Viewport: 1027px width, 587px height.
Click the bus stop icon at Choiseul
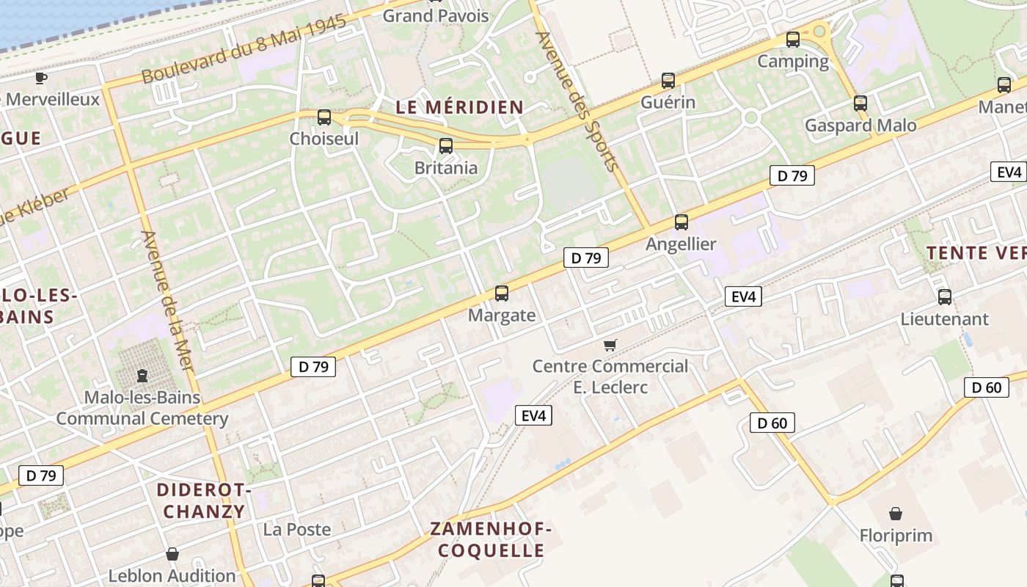point(324,117)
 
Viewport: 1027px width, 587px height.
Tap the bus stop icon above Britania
point(445,146)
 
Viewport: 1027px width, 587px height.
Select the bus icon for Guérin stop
point(668,81)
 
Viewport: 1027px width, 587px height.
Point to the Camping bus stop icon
point(792,40)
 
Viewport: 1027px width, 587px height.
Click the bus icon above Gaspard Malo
point(860,103)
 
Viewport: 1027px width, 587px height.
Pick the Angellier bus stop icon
point(681,222)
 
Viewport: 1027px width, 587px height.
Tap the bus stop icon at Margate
point(502,293)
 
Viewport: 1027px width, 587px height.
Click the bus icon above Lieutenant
point(945,297)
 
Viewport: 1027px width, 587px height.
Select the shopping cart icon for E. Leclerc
point(610,345)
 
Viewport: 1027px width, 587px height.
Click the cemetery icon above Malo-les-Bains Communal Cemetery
point(142,376)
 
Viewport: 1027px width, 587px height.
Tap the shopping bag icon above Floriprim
point(896,514)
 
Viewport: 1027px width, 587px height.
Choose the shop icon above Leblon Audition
point(172,554)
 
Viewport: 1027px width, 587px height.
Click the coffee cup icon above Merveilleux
point(41,78)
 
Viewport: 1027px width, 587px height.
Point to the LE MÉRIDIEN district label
point(460,107)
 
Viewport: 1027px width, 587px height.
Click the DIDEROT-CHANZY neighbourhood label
point(204,500)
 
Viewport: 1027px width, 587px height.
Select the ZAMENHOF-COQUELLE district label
point(491,539)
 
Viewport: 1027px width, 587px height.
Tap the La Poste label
point(297,529)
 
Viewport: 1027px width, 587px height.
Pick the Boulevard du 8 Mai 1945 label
point(244,50)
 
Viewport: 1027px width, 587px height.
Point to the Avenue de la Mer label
point(168,301)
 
